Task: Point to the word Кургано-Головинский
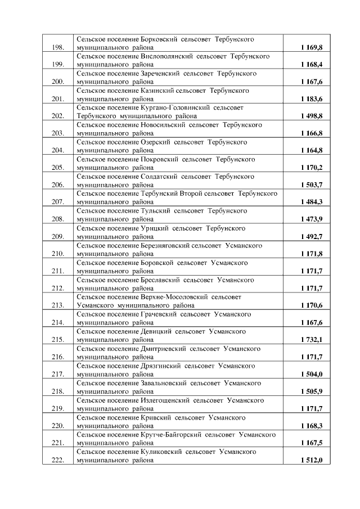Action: click(x=175, y=108)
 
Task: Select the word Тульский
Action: click(x=154, y=211)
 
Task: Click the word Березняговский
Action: click(x=164, y=245)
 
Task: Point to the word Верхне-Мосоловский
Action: click(x=174, y=297)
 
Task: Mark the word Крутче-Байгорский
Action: click(x=169, y=435)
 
